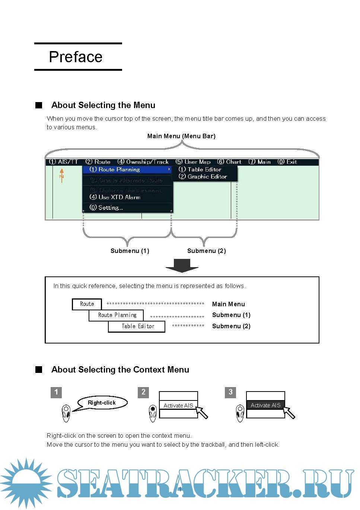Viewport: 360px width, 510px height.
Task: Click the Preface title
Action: point(76,57)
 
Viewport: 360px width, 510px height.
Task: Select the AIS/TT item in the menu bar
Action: point(64,162)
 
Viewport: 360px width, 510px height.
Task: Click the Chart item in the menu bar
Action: point(229,162)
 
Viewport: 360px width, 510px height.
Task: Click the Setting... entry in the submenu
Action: point(106,208)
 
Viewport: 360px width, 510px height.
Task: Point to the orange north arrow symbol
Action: point(62,175)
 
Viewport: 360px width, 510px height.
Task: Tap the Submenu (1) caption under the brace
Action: point(130,251)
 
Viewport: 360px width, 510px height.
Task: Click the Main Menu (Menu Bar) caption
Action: point(181,136)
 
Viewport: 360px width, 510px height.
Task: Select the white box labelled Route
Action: point(87,304)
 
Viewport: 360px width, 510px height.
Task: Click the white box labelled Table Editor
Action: point(137,326)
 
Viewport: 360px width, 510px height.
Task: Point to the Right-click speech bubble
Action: point(102,403)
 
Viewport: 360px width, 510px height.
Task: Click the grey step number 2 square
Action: point(143,392)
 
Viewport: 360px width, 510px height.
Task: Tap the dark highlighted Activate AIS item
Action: point(265,405)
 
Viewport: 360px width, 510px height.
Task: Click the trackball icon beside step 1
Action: point(66,413)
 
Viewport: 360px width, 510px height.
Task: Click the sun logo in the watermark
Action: point(26,483)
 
